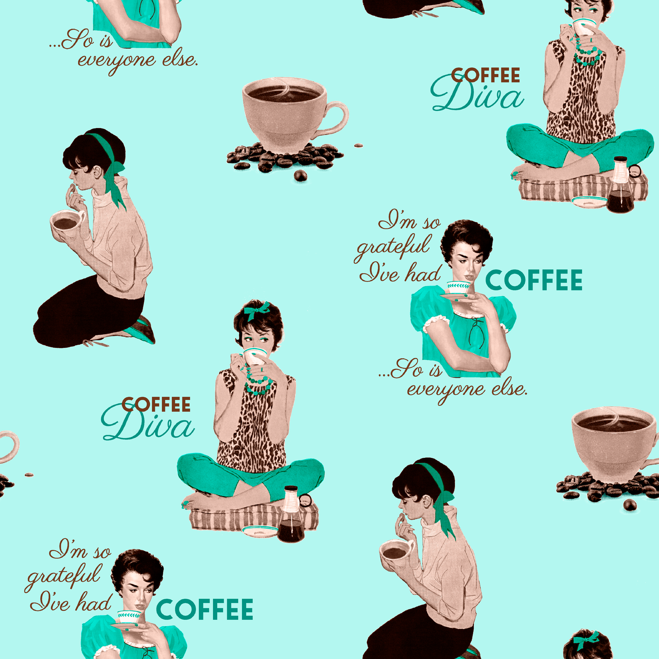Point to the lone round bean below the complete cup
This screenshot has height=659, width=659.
300,175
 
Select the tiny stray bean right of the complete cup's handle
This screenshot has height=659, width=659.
358,146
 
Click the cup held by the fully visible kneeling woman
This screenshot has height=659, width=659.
67,223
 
